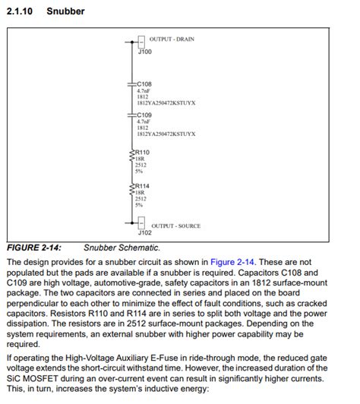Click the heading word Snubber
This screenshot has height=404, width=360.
pyautogui.click(x=65, y=11)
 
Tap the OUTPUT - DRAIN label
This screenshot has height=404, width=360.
pyautogui.click(x=172, y=39)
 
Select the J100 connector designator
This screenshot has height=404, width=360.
pyautogui.click(x=144, y=52)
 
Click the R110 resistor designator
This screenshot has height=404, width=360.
pyautogui.click(x=142, y=153)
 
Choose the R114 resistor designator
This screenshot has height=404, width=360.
pyautogui.click(x=142, y=186)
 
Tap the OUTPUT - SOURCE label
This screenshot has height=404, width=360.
pyautogui.click(x=175, y=226)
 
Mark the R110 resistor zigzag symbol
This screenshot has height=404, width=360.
pyautogui.click(x=131, y=156)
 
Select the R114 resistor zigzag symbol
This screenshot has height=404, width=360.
pyautogui.click(x=131, y=190)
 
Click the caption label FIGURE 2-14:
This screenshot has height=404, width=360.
pyautogui.click(x=33, y=248)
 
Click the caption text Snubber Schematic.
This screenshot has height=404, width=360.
pyautogui.click(x=122, y=248)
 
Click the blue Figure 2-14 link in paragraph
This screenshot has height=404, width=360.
pyautogui.click(x=231, y=261)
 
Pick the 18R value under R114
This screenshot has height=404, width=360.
pyautogui.click(x=140, y=193)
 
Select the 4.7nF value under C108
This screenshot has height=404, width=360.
pyautogui.click(x=143, y=91)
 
